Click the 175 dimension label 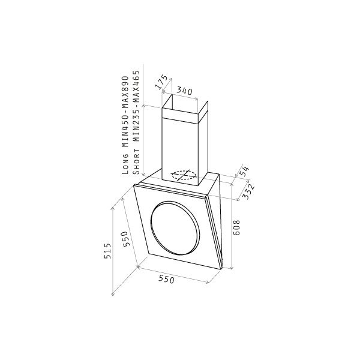click(161, 82)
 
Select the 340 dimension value click(184, 91)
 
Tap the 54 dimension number click(244, 171)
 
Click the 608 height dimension click(236, 227)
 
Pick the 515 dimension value click(107, 251)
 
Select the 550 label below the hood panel click(166, 279)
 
